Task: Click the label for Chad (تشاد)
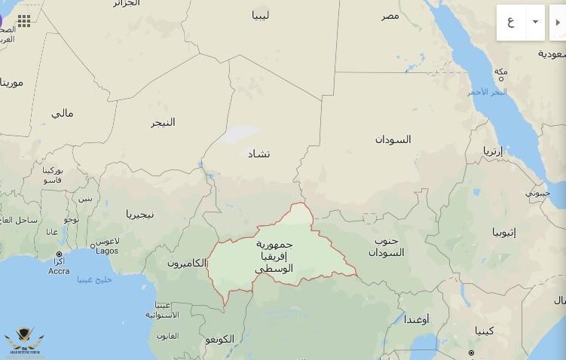pos(259,154)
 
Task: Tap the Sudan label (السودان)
pos(393,139)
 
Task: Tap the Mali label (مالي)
pos(63,113)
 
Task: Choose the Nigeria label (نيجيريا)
pos(139,214)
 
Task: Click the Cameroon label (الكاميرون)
pos(186,263)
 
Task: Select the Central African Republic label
pos(274,256)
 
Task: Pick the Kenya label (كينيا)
pos(485,330)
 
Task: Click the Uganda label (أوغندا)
pos(416,319)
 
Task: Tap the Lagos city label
pos(107,251)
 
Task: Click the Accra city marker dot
pos(59,254)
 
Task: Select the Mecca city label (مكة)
pos(501,72)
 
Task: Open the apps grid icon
pos(24,20)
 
